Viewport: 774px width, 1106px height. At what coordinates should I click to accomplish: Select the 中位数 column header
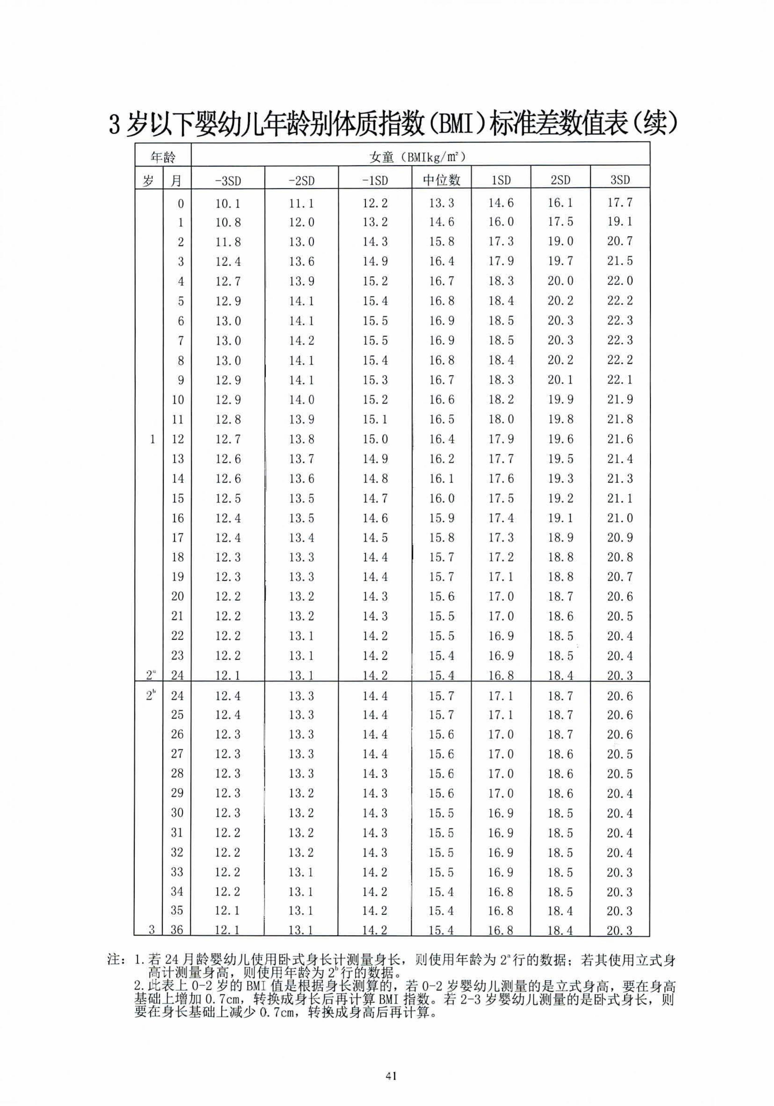442,180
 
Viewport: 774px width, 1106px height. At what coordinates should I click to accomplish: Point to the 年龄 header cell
163,157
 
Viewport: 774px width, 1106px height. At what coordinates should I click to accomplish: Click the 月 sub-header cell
177,180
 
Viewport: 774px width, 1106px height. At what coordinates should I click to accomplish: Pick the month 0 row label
181,203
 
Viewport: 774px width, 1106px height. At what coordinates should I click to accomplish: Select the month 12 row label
178,439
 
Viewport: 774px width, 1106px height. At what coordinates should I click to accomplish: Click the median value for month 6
442,321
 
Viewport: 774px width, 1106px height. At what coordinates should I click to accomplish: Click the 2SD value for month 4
560,281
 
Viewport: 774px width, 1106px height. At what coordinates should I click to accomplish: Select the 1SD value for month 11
501,419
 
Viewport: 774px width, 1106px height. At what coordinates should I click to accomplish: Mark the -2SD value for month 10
301,399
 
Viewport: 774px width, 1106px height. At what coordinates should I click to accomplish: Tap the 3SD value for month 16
620,518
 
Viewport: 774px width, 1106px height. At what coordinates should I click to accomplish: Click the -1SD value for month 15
375,498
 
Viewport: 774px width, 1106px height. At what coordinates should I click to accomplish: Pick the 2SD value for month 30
560,813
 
